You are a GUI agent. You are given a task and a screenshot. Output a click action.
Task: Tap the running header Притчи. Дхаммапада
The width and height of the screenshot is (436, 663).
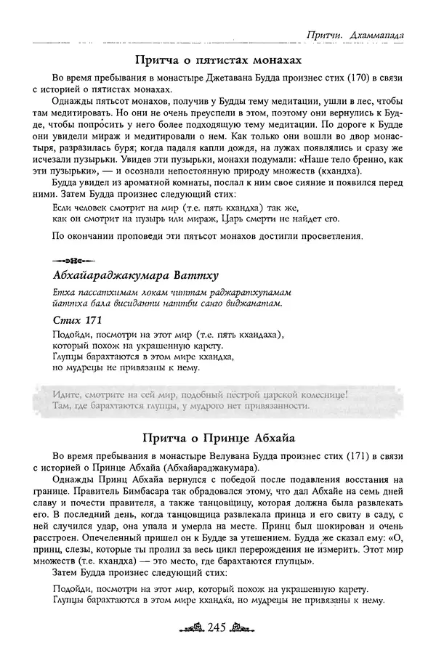[356, 33]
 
